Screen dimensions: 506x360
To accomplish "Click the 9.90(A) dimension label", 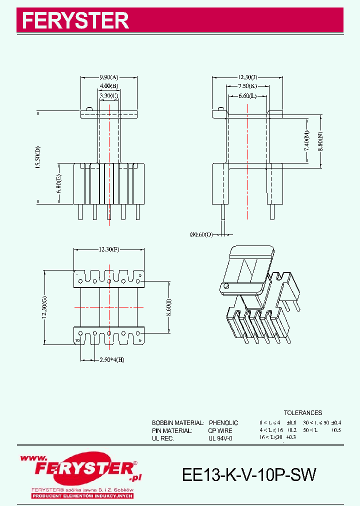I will (108, 77).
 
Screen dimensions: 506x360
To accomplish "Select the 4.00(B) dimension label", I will (108, 86).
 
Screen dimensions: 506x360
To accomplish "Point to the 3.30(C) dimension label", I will (108, 95).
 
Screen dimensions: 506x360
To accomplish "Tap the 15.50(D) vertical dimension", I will (37, 157).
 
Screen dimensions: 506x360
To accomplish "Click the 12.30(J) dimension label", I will (247, 77).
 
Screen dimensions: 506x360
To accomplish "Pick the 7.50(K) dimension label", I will (247, 86).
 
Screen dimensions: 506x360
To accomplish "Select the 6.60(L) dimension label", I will (247, 95).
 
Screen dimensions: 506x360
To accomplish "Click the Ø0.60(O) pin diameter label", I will (201, 233).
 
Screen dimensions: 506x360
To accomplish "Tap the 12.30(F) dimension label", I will (108, 249).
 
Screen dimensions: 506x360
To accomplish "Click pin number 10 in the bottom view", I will (77, 340).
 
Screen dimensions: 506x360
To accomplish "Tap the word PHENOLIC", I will (223, 423).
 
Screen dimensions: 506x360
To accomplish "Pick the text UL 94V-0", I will (220, 438).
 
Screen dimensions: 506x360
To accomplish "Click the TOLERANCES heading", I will (303, 413).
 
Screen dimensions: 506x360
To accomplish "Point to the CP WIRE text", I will (220, 430).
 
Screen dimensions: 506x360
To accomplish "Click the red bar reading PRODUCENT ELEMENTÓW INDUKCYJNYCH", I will (82, 496).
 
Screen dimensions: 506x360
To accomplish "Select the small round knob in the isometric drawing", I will (225, 286).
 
